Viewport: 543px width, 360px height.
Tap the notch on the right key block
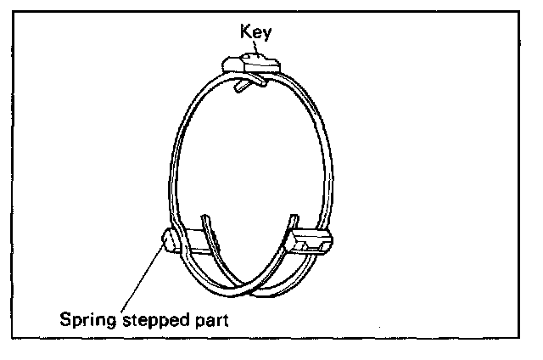pyautogui.click(x=321, y=247)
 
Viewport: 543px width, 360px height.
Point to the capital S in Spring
pyautogui.click(x=64, y=321)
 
